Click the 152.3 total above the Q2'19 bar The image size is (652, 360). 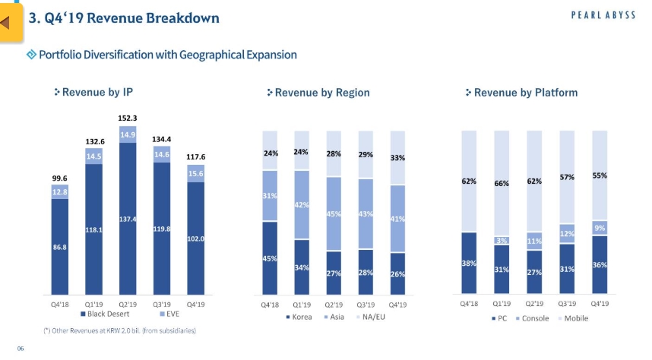point(127,118)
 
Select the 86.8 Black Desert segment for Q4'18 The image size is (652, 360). point(60,248)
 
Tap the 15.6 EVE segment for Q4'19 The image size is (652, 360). point(195,174)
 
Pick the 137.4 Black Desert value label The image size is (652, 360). point(128,219)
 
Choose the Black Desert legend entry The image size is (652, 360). point(106,313)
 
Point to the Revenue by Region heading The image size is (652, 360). point(318,93)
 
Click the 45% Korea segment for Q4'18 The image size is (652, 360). point(269,258)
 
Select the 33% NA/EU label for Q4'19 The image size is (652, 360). point(397,158)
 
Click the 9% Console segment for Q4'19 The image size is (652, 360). point(600,228)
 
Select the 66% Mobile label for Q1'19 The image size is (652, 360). point(502,183)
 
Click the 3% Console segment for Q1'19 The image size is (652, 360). point(502,240)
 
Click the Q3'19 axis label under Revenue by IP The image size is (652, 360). point(161,304)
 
